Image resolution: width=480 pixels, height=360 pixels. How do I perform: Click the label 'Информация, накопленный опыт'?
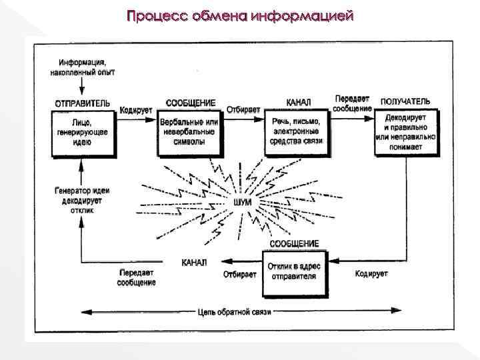coord(82,67)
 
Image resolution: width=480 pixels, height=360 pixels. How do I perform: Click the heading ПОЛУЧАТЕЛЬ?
coord(405,102)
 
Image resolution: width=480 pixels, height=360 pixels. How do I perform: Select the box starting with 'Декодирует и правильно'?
coord(405,132)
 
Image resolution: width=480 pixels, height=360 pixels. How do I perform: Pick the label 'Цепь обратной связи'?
coord(234,311)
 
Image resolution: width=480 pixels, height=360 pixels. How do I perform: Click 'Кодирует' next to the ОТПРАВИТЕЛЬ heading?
coord(136,109)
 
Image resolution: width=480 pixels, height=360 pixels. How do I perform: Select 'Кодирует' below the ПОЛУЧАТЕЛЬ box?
coord(371,274)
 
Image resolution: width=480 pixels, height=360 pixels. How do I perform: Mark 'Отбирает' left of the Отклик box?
coord(239,274)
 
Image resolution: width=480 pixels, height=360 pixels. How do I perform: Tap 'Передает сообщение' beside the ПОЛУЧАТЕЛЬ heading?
coord(352,103)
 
